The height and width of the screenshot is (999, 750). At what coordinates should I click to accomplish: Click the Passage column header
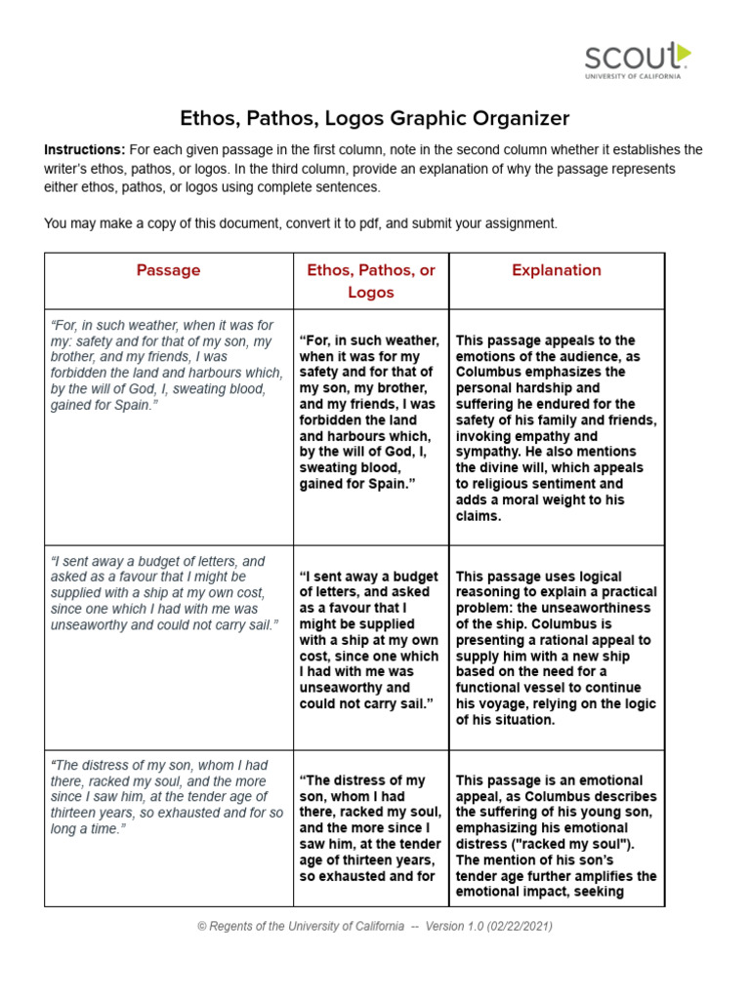pos(168,270)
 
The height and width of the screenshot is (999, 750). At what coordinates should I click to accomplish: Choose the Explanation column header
pos(557,270)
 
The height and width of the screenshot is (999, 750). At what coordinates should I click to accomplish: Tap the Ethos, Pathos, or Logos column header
pos(371,281)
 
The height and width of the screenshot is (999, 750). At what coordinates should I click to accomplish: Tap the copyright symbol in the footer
pos(201,926)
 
